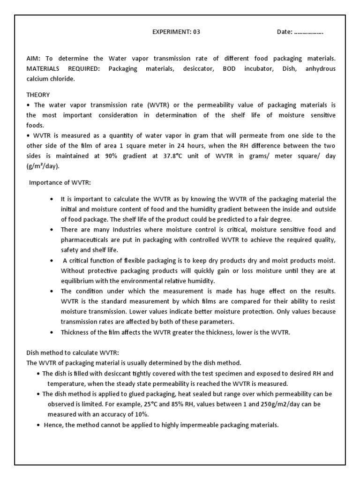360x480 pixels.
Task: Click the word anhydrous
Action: (x=320, y=68)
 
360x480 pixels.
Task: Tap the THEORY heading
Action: (x=38, y=95)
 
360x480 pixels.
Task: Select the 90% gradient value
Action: (x=128, y=156)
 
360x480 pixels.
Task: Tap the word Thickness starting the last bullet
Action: (x=76, y=332)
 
